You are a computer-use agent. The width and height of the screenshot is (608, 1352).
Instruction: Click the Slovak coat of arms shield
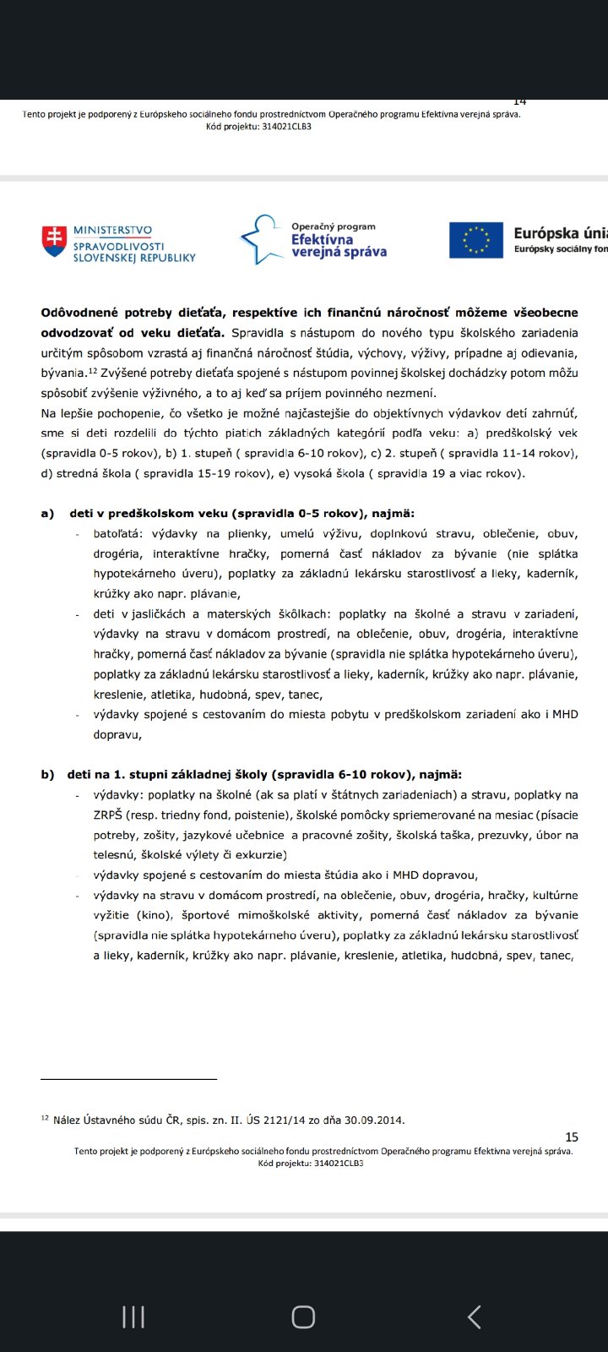[x=54, y=241]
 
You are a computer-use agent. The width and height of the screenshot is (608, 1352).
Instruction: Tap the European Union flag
[x=477, y=240]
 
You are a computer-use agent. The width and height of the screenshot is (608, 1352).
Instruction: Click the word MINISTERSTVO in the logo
[x=112, y=230]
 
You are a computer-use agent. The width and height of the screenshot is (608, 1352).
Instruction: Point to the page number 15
[x=572, y=1137]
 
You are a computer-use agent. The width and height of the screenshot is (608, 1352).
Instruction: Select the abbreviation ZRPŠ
[x=107, y=815]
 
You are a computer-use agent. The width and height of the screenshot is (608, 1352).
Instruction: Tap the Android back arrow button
[x=475, y=1317]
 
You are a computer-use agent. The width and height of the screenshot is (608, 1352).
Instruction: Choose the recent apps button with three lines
[x=133, y=1317]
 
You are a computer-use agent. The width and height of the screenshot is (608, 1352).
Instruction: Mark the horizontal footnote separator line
[x=128, y=1079]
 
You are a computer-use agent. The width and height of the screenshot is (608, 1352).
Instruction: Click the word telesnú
[x=114, y=855]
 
